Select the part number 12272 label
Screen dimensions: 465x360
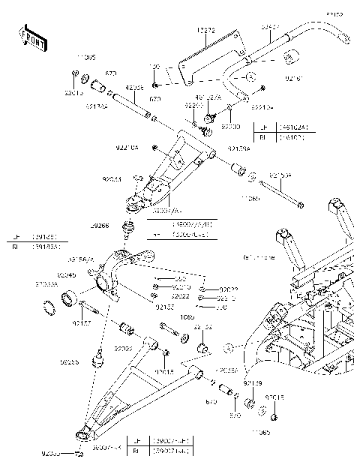pyautogui.click(x=206, y=30)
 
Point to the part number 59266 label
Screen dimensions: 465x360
pyautogui.click(x=100, y=224)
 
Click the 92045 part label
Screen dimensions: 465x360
pyautogui.click(x=87, y=275)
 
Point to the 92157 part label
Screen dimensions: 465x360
pyautogui.click(x=82, y=323)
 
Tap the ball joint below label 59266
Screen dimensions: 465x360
pyautogui.click(x=128, y=226)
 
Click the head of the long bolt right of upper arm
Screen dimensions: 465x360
pyautogui.click(x=301, y=204)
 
